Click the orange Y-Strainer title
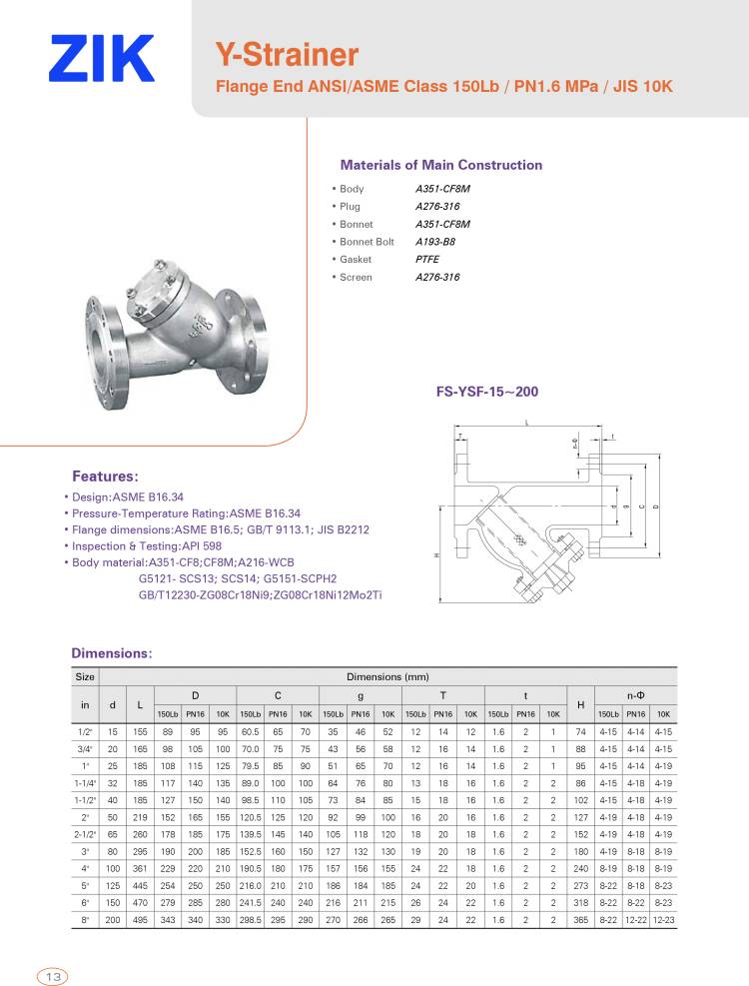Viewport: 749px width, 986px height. click(x=287, y=54)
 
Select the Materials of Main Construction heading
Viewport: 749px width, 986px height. click(x=441, y=165)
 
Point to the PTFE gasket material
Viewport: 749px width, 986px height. click(x=426, y=260)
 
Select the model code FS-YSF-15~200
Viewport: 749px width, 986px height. click(x=486, y=392)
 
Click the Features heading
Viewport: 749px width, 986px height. click(x=105, y=476)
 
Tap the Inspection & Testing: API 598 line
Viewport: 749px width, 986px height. click(x=147, y=546)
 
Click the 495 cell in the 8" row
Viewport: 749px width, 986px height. click(x=140, y=919)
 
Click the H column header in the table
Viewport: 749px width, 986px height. click(x=580, y=705)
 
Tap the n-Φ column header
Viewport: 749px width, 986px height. click(x=635, y=693)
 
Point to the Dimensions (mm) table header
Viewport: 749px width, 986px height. click(x=387, y=676)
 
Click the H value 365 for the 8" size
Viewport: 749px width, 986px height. click(x=580, y=919)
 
